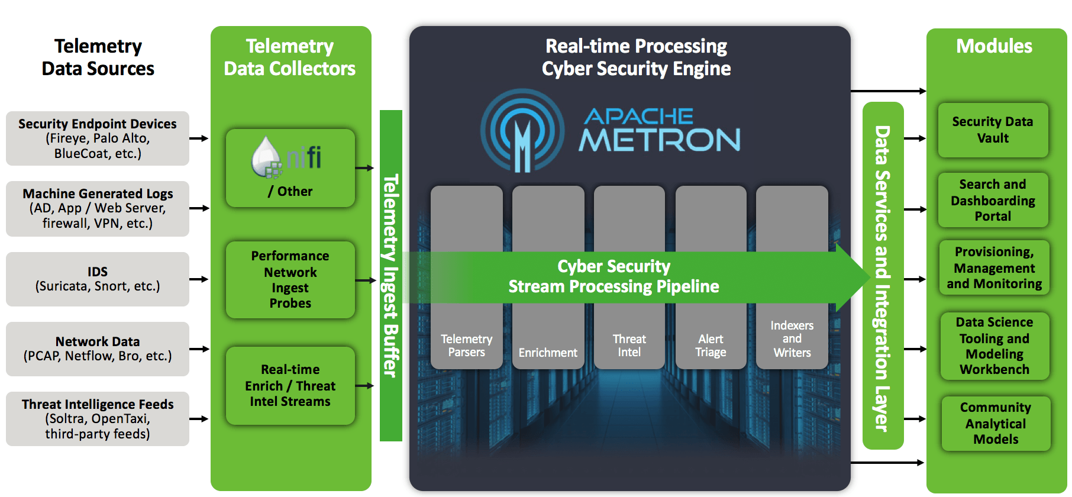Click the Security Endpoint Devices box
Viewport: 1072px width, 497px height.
pos(98,138)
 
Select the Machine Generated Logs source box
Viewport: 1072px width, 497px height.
pos(98,208)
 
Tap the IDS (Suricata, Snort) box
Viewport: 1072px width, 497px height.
pos(98,279)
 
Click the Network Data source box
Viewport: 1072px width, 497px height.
pos(98,348)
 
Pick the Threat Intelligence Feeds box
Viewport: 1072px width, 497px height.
pos(98,418)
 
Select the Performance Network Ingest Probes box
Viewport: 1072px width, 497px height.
pos(290,279)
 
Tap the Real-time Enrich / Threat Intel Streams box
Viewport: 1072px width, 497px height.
pos(290,385)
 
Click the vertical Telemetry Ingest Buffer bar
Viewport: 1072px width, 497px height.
pos(390,276)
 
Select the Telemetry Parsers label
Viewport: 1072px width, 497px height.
pos(466,346)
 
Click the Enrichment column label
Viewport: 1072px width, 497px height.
pos(548,353)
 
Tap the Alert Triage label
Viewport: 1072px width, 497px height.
pos(711,346)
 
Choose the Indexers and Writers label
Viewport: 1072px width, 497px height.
pos(792,339)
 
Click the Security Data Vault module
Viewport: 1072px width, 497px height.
pos(993,130)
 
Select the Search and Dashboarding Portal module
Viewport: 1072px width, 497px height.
pos(993,200)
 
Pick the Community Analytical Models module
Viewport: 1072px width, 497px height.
pos(996,423)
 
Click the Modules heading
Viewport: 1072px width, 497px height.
pos(994,46)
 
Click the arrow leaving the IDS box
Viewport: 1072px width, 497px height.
pos(199,279)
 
